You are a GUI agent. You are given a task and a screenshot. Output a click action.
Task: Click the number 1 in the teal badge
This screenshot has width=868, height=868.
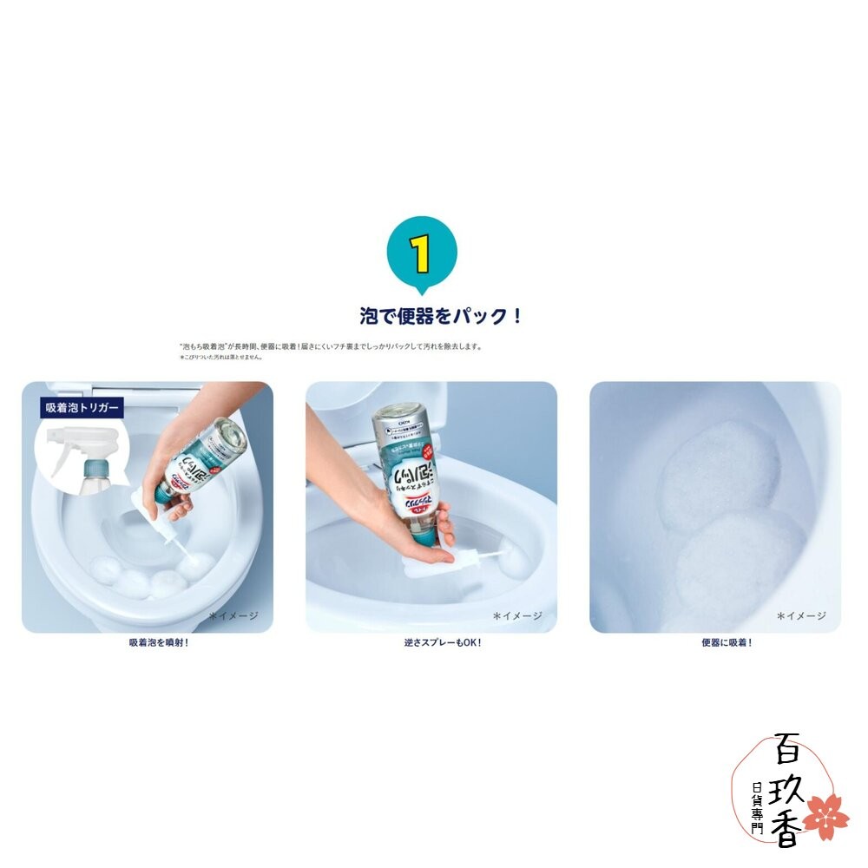coord(421,253)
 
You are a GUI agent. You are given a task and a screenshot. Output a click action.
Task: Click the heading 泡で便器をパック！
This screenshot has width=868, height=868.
coord(441,315)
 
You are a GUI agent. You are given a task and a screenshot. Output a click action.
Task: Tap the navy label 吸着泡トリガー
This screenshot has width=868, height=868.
coord(83,406)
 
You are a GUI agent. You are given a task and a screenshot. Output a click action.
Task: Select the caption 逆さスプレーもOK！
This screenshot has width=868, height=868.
coord(431,643)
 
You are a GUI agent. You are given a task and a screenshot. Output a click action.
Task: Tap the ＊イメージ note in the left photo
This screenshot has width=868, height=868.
coord(233,615)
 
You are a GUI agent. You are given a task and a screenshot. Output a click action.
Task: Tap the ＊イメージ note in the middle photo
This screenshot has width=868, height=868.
coord(517,615)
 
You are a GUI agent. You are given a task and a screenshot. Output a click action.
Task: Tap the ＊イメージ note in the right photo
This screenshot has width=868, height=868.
coord(801,615)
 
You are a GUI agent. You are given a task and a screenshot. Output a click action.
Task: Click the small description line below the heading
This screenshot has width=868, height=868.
coord(330,345)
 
